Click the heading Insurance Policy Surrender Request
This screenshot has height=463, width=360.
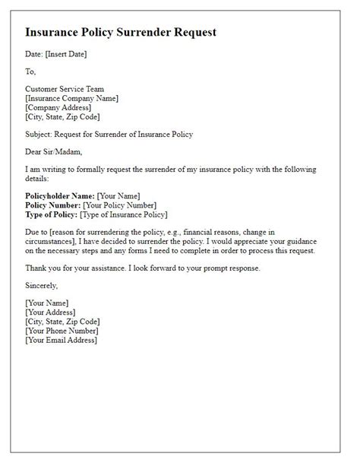[121, 33]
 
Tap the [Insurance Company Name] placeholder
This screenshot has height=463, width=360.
[72, 98]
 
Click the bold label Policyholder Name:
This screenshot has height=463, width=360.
[60, 196]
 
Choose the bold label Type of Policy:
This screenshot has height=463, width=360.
[54, 214]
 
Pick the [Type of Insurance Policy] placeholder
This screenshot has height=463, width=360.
[131, 214]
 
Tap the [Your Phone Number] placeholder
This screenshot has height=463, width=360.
[62, 331]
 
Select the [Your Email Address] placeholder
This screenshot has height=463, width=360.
[62, 341]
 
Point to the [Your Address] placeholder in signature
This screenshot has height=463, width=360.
[50, 312]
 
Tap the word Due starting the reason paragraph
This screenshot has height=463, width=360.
[33, 233]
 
